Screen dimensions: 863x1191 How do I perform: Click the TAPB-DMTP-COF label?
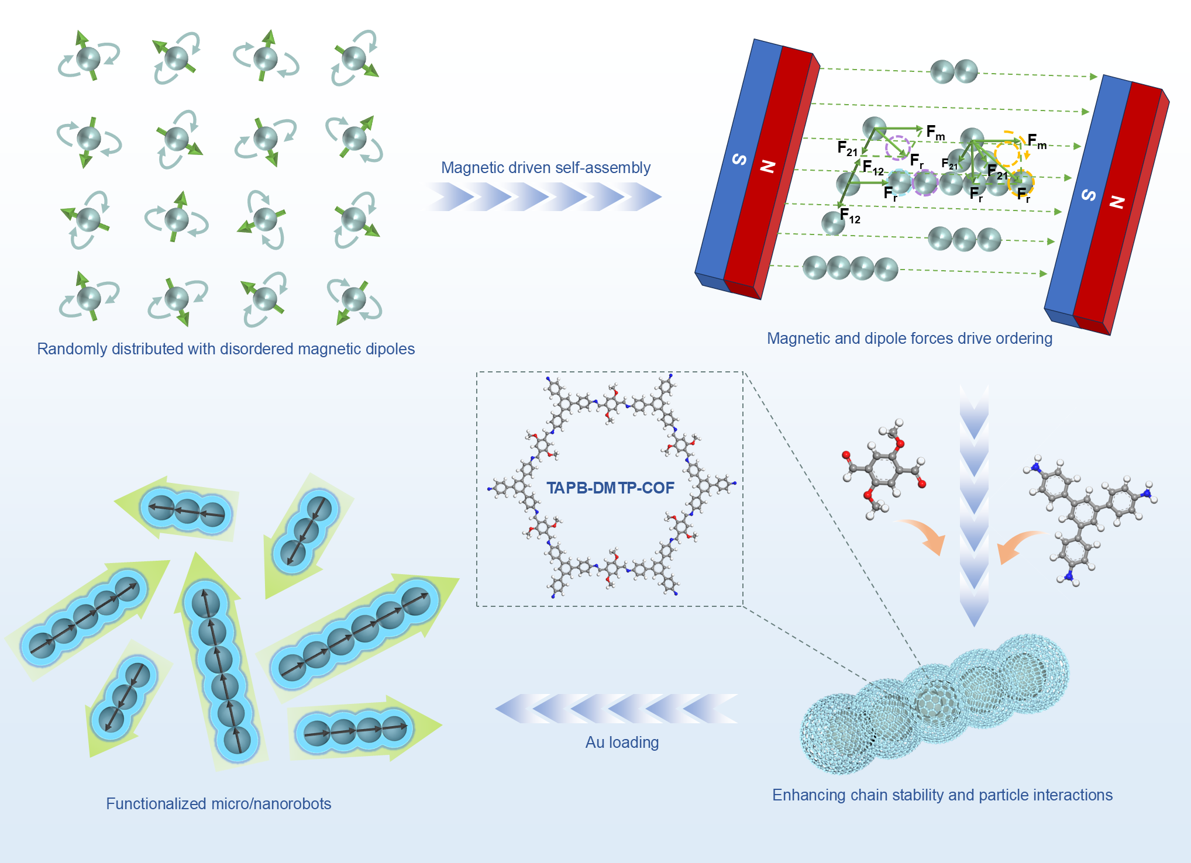click(x=610, y=488)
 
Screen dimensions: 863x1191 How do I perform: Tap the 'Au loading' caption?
click(x=622, y=743)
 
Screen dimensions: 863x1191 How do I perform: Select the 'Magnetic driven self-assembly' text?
click(x=545, y=168)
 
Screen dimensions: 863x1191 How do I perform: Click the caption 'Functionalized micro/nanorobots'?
click(x=218, y=804)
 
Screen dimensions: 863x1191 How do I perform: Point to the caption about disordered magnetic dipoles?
click(x=226, y=349)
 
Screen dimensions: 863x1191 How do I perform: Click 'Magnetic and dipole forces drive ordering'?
click(x=909, y=339)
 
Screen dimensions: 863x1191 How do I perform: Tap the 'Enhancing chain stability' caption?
click(x=942, y=795)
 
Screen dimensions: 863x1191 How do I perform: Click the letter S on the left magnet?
click(x=739, y=159)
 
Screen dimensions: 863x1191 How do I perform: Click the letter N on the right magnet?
click(x=1117, y=202)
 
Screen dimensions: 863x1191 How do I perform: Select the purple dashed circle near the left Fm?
click(x=897, y=147)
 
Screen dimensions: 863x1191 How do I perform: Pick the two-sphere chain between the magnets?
click(x=954, y=72)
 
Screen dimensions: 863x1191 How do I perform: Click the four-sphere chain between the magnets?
click(x=850, y=268)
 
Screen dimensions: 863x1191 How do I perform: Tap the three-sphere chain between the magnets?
click(x=964, y=239)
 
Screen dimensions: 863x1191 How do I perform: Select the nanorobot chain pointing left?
click(x=184, y=509)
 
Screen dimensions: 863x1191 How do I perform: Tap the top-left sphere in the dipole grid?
click(x=89, y=58)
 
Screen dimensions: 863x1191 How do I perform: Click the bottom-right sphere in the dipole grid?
click(x=354, y=299)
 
